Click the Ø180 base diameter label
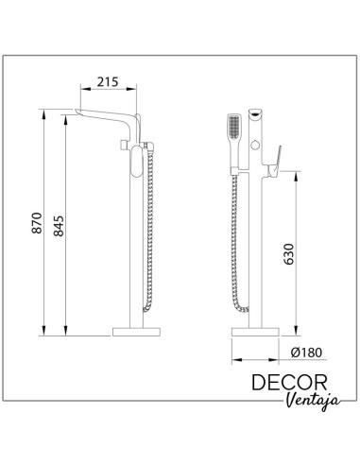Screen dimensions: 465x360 pyautogui.click(x=307, y=353)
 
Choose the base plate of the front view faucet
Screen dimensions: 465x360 pyautogui.click(x=257, y=333)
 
